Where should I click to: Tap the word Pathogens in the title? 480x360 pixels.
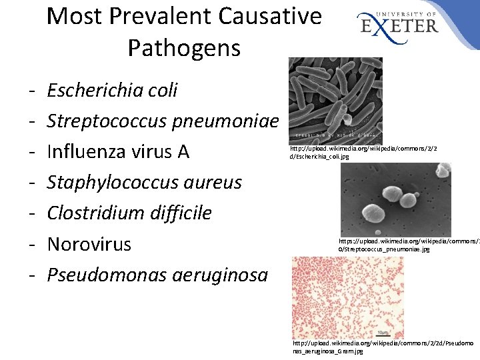tap(184, 48)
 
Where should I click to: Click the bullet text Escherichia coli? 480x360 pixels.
tap(112, 90)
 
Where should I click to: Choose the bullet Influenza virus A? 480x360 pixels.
tap(118, 152)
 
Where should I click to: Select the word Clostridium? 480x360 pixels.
tap(93, 213)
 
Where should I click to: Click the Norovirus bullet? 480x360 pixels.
tap(89, 244)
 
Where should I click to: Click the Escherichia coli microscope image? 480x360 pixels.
tap(335, 100)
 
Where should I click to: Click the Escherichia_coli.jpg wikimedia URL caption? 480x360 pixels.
tap(363, 152)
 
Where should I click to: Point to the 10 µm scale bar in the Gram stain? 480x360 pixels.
tap(383, 331)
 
